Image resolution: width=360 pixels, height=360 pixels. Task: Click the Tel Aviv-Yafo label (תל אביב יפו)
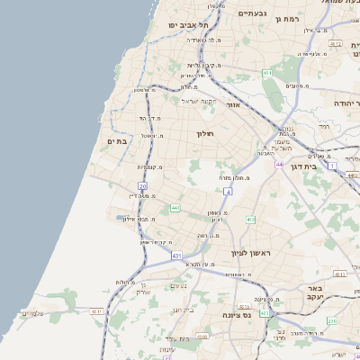190,25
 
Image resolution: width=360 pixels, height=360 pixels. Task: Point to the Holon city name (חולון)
208,133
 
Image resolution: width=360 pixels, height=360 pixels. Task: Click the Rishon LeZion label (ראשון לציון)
250,254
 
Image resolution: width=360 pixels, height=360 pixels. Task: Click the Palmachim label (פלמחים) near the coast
32,313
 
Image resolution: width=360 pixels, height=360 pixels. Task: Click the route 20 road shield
142,185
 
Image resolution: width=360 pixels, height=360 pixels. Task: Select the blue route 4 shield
229,192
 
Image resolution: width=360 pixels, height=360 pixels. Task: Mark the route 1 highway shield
332,167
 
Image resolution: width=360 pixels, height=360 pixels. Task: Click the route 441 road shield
175,208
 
